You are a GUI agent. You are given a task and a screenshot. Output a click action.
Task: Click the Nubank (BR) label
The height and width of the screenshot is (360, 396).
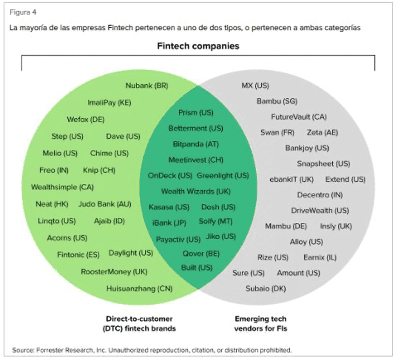146,86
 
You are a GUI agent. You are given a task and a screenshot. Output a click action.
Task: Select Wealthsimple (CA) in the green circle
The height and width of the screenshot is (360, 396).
62,187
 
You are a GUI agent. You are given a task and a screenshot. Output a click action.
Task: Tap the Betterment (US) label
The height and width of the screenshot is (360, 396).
195,128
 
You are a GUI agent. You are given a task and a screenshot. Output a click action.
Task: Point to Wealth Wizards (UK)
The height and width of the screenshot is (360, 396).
195,191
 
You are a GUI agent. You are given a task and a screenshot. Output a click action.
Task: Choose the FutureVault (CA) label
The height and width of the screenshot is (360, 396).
299,116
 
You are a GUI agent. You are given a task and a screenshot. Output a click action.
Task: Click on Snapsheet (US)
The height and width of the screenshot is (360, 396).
323,164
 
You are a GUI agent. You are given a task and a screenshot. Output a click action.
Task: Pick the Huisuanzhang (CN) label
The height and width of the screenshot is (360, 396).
139,289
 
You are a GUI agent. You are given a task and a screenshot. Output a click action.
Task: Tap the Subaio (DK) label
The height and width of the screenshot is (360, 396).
266,289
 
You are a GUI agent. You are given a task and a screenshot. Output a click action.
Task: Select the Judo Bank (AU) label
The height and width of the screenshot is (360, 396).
105,204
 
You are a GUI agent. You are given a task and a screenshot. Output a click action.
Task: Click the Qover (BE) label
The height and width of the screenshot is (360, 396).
201,254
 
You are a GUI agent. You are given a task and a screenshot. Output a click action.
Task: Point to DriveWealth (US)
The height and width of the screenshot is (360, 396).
320,211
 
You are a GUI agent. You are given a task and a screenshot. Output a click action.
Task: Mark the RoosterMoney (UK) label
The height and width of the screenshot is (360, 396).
114,272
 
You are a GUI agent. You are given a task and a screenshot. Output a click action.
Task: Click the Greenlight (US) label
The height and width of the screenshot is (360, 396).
223,176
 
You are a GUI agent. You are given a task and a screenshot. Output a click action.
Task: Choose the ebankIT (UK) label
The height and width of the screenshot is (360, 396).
291,179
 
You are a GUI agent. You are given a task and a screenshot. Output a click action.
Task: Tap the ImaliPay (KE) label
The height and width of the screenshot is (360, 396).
109,103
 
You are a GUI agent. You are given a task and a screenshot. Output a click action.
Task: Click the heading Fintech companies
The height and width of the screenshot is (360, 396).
198,46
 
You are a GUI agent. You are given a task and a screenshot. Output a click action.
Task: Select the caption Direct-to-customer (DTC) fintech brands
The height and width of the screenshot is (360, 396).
139,324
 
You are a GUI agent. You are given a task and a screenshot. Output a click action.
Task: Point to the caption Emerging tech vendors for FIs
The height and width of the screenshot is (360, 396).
261,324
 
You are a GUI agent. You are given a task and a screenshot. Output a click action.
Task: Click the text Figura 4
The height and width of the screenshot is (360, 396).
23,12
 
